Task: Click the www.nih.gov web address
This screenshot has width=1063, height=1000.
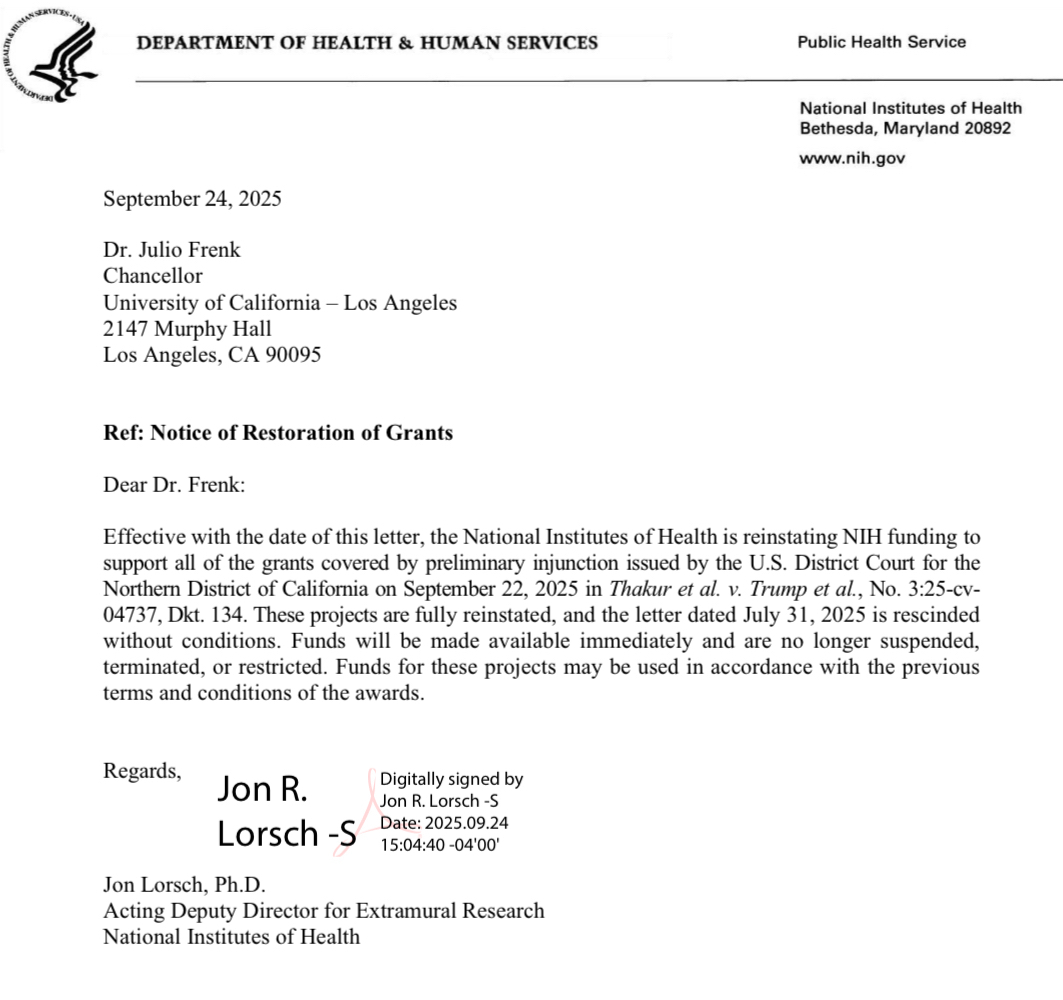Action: tap(852, 158)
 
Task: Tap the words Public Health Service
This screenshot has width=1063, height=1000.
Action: tap(881, 42)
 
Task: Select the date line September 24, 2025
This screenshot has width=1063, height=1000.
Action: tap(192, 198)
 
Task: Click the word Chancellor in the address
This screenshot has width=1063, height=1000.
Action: tap(153, 276)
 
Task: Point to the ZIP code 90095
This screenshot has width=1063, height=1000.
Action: tap(291, 354)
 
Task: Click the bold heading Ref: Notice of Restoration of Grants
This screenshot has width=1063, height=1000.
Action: tap(278, 433)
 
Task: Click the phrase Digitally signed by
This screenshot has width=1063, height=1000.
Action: tap(452, 780)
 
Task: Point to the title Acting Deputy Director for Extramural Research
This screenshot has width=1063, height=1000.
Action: tap(324, 911)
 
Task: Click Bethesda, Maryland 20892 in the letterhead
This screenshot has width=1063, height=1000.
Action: tap(905, 128)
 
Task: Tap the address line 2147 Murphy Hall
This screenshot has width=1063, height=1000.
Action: tap(188, 328)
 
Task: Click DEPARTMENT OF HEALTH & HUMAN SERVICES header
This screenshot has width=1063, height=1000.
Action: tap(368, 43)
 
